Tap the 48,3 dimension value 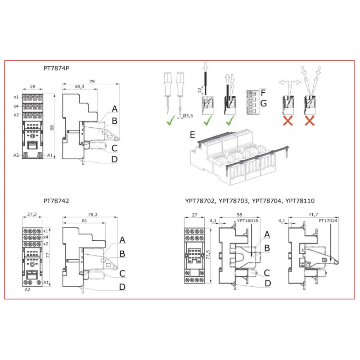[x=79, y=87]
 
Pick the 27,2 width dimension [x=32, y=215]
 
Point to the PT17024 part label [x=328, y=221]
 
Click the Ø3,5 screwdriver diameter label [x=188, y=116]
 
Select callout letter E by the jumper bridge [x=193, y=135]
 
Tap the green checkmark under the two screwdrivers [x=170, y=121]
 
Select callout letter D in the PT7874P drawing [x=115, y=159]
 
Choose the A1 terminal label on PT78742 [x=45, y=283]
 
